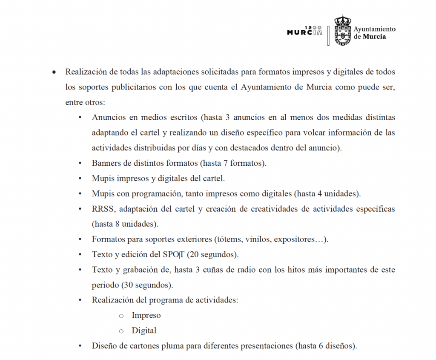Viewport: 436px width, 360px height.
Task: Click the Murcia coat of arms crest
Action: (342, 31)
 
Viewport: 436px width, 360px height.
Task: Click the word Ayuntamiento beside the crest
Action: (375, 29)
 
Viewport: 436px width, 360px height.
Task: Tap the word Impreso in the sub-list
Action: (146, 315)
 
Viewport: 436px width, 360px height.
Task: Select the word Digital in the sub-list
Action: (144, 331)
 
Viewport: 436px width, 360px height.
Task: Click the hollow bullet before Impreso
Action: (121, 316)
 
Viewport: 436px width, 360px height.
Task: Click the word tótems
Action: (229, 239)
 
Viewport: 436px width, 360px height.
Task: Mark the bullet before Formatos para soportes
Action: (81, 239)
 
